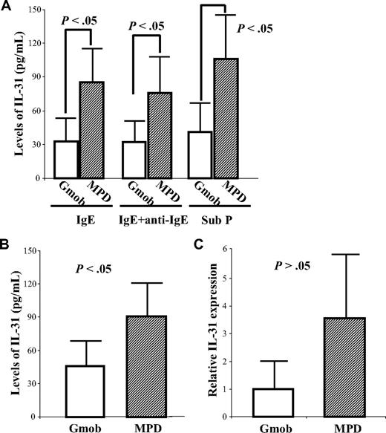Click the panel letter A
click(x=7, y=7)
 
